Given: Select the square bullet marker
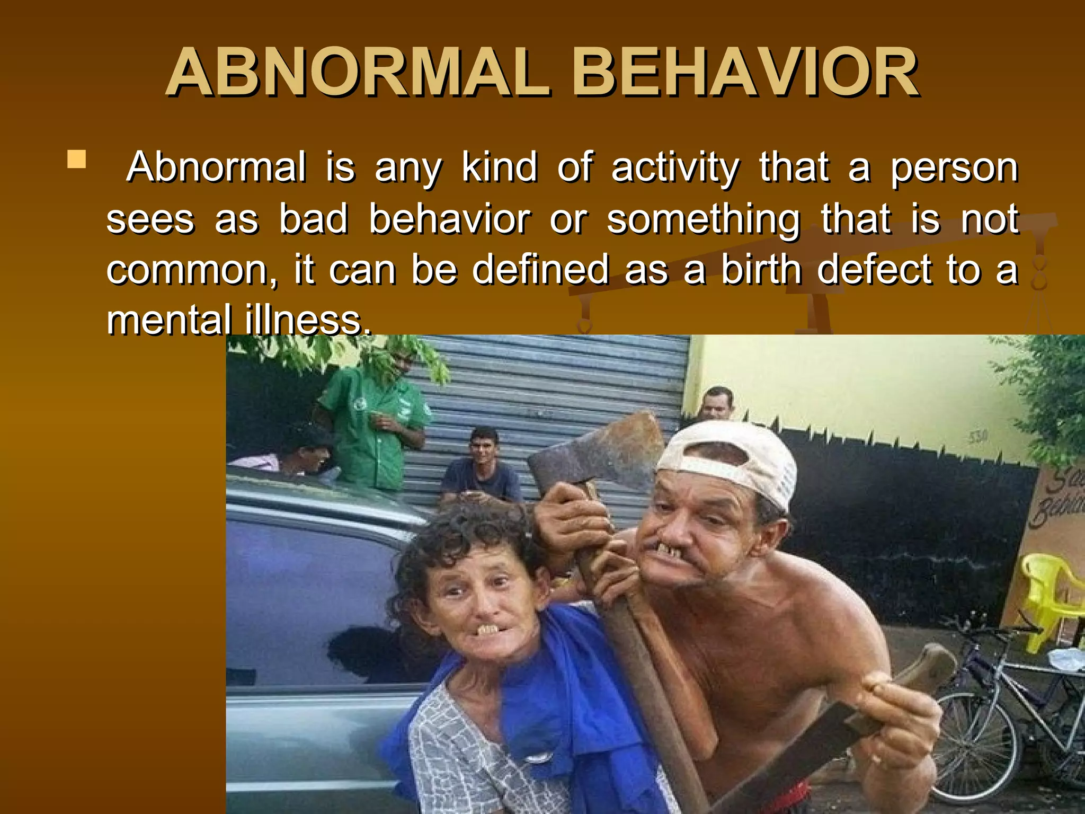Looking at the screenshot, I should (77, 160).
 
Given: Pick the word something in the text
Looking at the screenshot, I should (703, 219).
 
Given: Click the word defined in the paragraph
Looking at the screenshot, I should (540, 269).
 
